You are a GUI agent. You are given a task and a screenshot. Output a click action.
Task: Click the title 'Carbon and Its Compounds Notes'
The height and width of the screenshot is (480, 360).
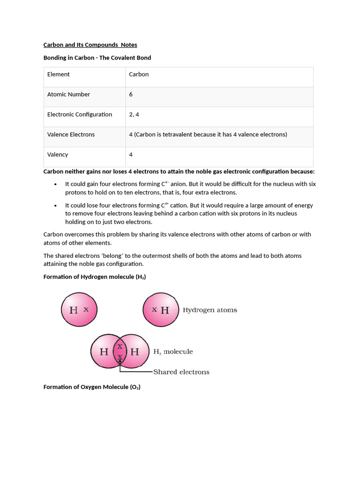pyautogui.click(x=90, y=45)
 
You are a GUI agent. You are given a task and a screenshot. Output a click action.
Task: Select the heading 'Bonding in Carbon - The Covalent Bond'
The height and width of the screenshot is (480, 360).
pyautogui.click(x=97, y=58)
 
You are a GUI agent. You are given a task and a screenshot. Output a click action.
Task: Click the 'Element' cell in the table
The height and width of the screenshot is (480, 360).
pyautogui.click(x=59, y=74)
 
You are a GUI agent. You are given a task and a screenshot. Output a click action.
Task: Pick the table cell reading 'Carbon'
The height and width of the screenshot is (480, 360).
pyautogui.click(x=139, y=74)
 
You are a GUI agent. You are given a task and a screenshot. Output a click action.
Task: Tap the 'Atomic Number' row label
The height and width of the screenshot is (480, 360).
pyautogui.click(x=68, y=94)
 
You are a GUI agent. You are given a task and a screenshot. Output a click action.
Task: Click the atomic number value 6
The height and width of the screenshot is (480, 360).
pyautogui.click(x=131, y=94)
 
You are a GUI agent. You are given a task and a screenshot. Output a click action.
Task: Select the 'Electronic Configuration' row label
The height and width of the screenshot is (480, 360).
pyautogui.click(x=80, y=114)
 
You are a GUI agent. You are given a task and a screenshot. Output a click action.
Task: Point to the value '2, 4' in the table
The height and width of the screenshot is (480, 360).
pyautogui.click(x=134, y=114)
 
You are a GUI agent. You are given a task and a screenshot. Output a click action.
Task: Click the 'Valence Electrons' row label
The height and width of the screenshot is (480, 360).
pyautogui.click(x=71, y=135)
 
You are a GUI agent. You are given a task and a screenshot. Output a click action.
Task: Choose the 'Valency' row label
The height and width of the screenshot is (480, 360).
pyautogui.click(x=58, y=155)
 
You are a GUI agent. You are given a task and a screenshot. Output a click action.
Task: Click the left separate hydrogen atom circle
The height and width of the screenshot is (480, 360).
pyautogui.click(x=79, y=310)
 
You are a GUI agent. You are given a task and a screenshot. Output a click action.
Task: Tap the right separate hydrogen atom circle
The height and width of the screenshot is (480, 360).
pyautogui.click(x=160, y=310)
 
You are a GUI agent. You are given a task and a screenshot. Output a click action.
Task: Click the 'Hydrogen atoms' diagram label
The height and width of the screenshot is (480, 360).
pyautogui.click(x=210, y=310)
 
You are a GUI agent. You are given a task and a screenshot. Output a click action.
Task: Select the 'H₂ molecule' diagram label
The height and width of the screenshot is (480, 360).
pyautogui.click(x=173, y=352)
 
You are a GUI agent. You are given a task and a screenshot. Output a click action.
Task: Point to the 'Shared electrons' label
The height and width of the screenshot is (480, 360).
pyautogui.click(x=181, y=372)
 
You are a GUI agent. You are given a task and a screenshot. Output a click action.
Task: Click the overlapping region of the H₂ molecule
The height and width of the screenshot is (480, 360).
pyautogui.click(x=120, y=352)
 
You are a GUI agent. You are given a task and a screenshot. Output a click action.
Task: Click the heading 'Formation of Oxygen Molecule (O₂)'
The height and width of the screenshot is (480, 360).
pyautogui.click(x=92, y=387)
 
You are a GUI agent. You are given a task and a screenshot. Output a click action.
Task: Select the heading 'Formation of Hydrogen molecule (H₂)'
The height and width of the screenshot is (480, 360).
pyautogui.click(x=95, y=277)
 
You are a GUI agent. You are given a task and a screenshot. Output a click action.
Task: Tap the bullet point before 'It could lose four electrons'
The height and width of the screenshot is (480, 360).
pyautogui.click(x=56, y=206)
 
